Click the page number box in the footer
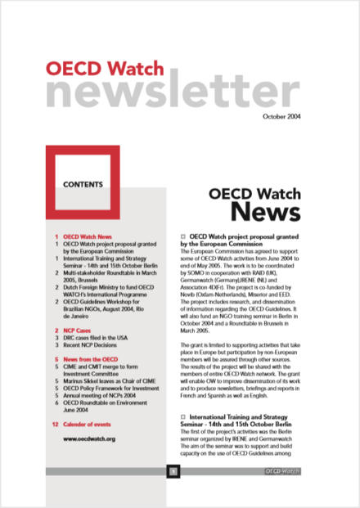click(173, 472)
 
